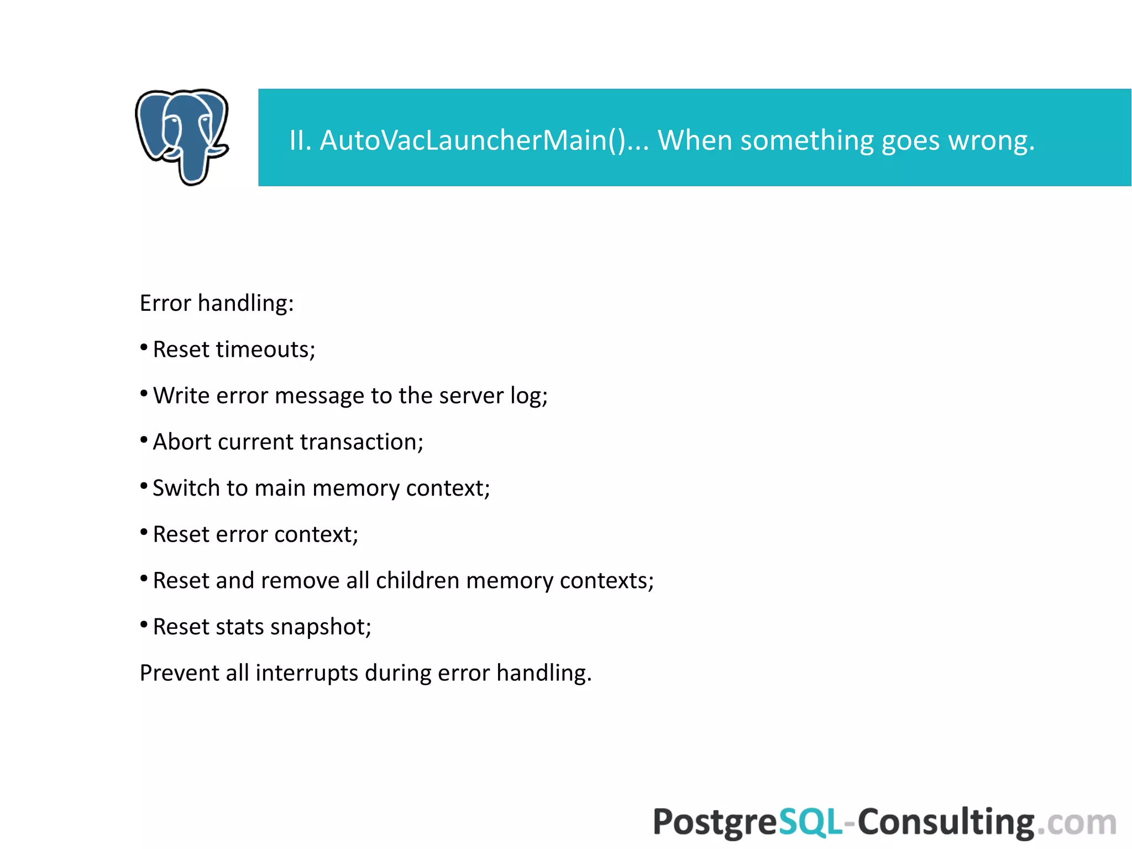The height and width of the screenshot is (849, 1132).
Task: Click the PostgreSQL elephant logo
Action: pos(182,137)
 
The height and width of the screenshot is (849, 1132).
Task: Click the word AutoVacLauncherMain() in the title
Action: pos(473,140)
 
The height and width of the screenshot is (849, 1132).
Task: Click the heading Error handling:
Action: pos(217,303)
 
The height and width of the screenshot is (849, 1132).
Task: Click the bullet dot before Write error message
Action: pos(144,394)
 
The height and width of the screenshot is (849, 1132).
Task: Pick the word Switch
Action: pos(186,488)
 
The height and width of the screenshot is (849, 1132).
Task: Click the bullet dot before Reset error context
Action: pos(144,533)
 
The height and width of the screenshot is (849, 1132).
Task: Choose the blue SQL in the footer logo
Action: pos(810,822)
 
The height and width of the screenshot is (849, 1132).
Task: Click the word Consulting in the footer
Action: pos(946,822)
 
